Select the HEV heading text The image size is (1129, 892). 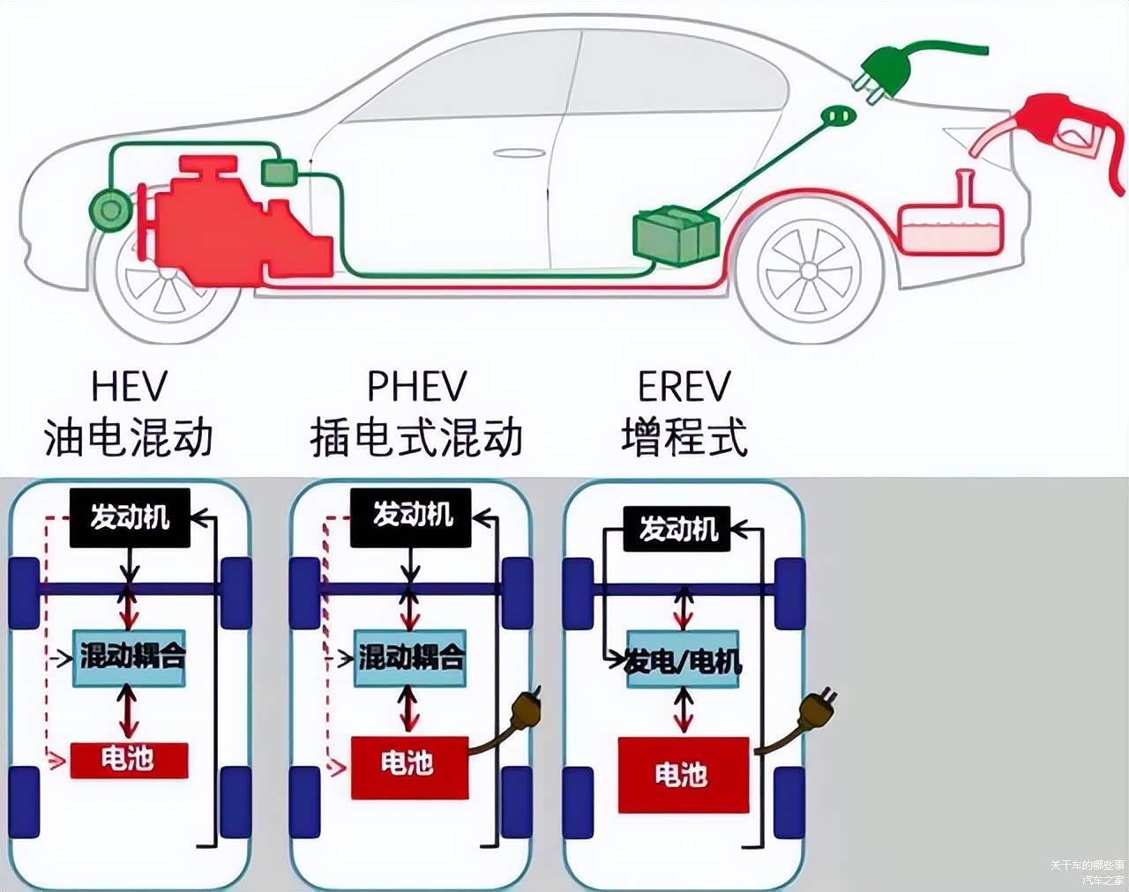[129, 386]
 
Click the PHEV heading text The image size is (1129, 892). [416, 386]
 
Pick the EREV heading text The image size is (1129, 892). [684, 386]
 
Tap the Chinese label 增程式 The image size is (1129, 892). [684, 437]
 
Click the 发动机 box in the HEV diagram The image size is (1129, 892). [130, 517]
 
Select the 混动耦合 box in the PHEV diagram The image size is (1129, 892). [410, 658]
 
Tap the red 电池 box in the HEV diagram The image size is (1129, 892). [129, 760]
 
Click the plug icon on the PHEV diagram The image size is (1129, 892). [526, 710]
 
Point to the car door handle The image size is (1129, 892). [520, 153]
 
